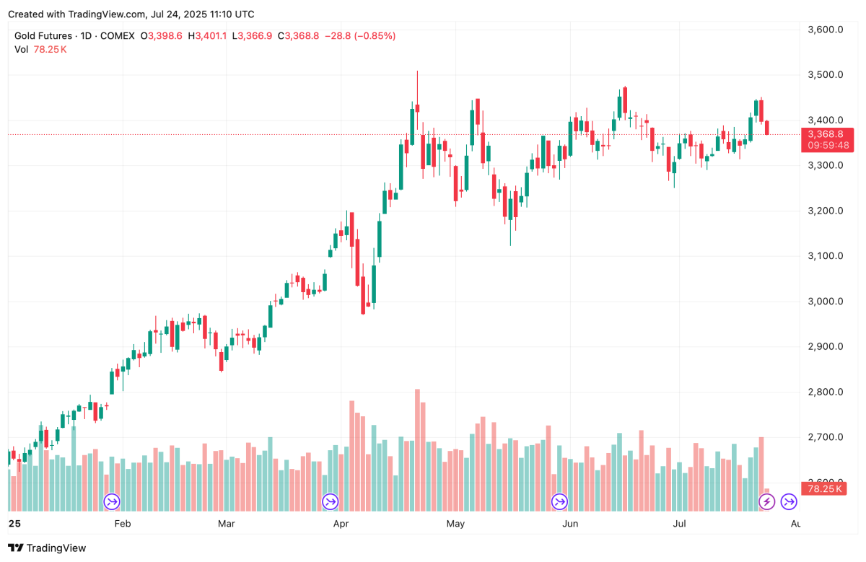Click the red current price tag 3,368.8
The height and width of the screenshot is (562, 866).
[x=826, y=134]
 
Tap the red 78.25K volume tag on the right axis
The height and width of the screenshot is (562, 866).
[x=823, y=488]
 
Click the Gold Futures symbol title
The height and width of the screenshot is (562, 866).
[x=43, y=35]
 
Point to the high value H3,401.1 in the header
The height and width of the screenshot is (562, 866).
[x=207, y=35]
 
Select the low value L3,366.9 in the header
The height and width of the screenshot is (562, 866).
[x=252, y=35]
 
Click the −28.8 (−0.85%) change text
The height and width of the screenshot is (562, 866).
[x=360, y=35]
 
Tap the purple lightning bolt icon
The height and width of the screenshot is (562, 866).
[x=766, y=501]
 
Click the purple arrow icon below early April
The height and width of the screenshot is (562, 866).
[x=330, y=501]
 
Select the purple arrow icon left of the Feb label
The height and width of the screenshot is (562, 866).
[x=112, y=501]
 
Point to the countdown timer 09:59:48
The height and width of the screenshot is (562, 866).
[x=828, y=145]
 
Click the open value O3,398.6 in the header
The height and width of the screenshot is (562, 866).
[x=162, y=35]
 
